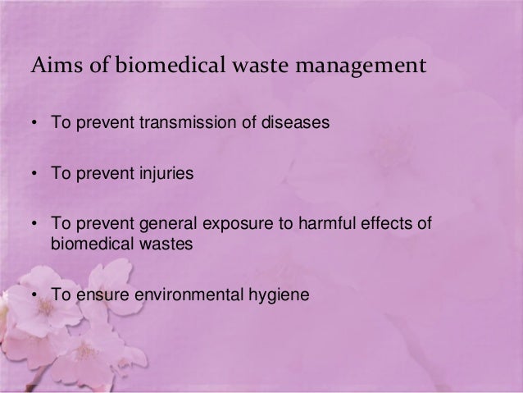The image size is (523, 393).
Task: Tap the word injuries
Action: pos(157,176)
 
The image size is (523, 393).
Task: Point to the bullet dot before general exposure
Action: pos(35,224)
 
